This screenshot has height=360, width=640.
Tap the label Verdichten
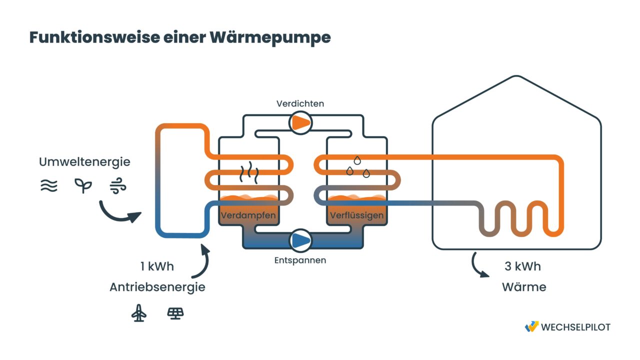click(300, 103)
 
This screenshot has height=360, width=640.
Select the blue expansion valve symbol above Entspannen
click(300, 240)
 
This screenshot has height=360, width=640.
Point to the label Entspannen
click(300, 260)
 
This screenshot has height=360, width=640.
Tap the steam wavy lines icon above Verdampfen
click(248, 172)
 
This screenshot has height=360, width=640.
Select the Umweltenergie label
click(84, 162)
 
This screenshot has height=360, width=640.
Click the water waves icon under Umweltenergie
click(49, 186)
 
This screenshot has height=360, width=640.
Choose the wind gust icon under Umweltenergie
click(118, 186)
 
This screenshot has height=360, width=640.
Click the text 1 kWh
click(157, 266)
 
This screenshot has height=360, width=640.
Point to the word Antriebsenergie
click(157, 287)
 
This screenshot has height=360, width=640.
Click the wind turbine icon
click(139, 313)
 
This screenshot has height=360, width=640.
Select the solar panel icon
click(175, 313)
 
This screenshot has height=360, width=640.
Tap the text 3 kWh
click(522, 266)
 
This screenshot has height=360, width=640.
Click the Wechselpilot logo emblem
click(531, 326)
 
